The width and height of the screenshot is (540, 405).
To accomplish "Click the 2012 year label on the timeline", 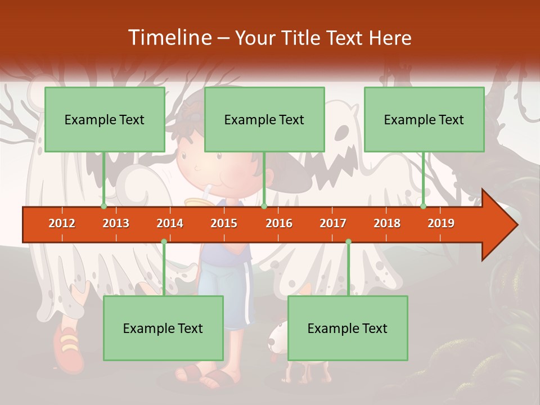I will point(62,223).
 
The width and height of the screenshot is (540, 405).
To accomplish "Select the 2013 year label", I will point(116,223).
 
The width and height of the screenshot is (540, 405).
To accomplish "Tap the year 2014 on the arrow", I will point(170,223).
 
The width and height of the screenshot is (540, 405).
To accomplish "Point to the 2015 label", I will point(224,223).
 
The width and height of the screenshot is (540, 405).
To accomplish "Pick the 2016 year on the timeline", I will point(279,223).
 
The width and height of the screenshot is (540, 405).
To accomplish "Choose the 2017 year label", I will point(333,223).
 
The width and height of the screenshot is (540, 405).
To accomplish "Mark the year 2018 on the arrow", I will point(387,223).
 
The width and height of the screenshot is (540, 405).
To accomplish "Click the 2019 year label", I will point(441,223).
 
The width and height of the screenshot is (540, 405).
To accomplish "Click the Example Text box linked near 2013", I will point(105,119).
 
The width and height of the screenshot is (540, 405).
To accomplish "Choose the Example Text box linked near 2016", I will point(264,119).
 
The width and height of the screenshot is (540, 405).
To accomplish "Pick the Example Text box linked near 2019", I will point(424,119).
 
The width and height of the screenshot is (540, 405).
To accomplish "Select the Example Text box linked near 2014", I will point(163,328).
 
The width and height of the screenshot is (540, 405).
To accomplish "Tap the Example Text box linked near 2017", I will point(348,328).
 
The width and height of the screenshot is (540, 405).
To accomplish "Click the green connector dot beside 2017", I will point(348,242).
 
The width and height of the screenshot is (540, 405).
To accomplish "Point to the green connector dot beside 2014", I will point(164,242).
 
